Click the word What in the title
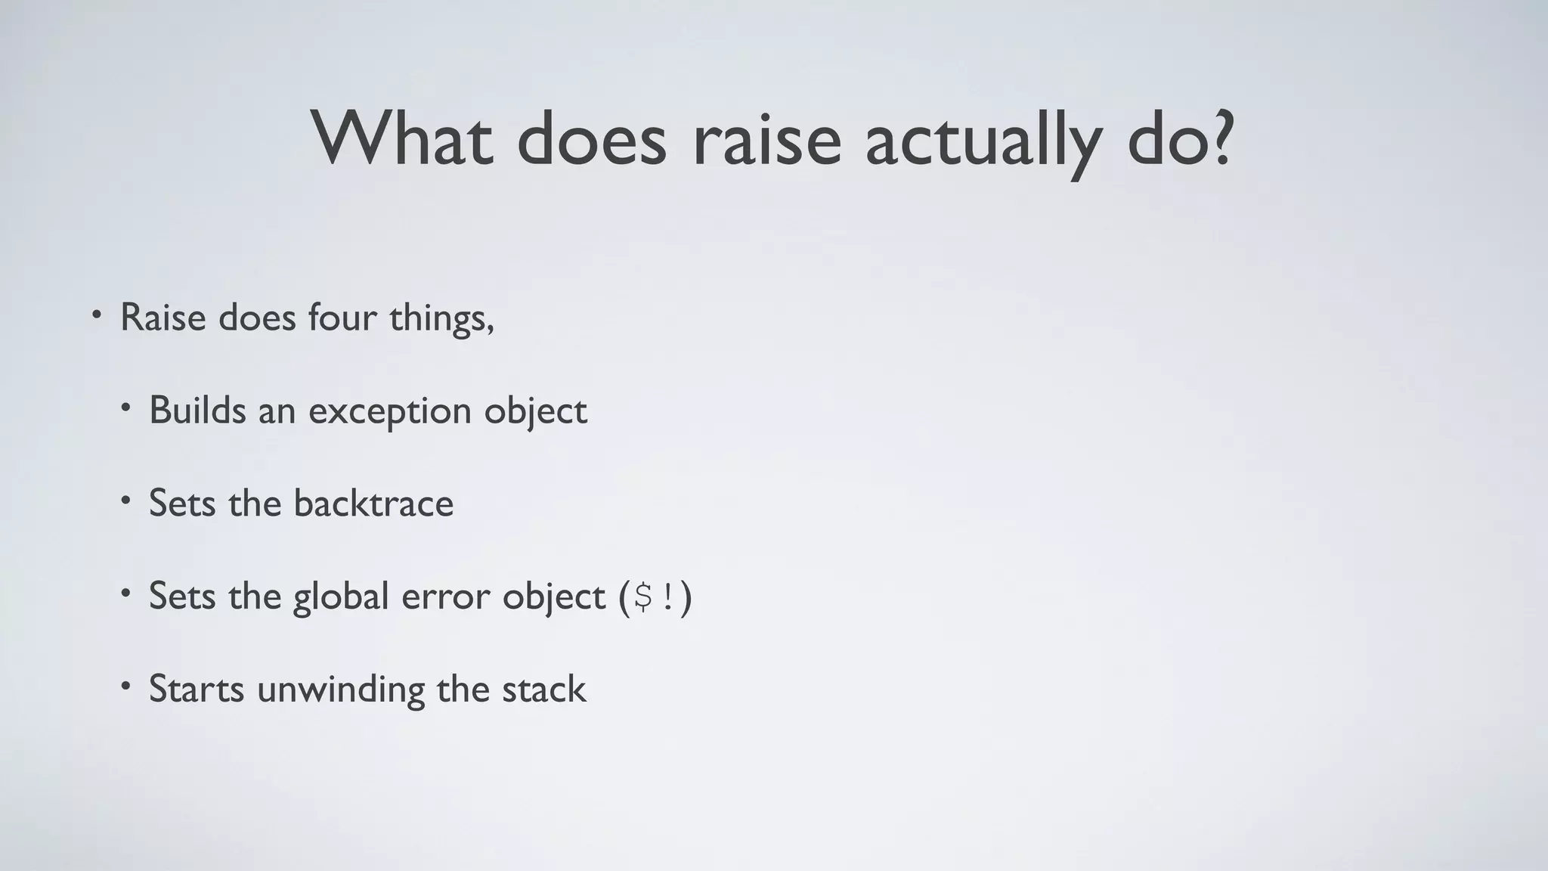403,140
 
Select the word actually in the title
982,140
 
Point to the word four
342,318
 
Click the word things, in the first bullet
441,318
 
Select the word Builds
197,411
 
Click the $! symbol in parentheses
655,597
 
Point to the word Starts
197,690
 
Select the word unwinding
341,690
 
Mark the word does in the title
592,140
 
